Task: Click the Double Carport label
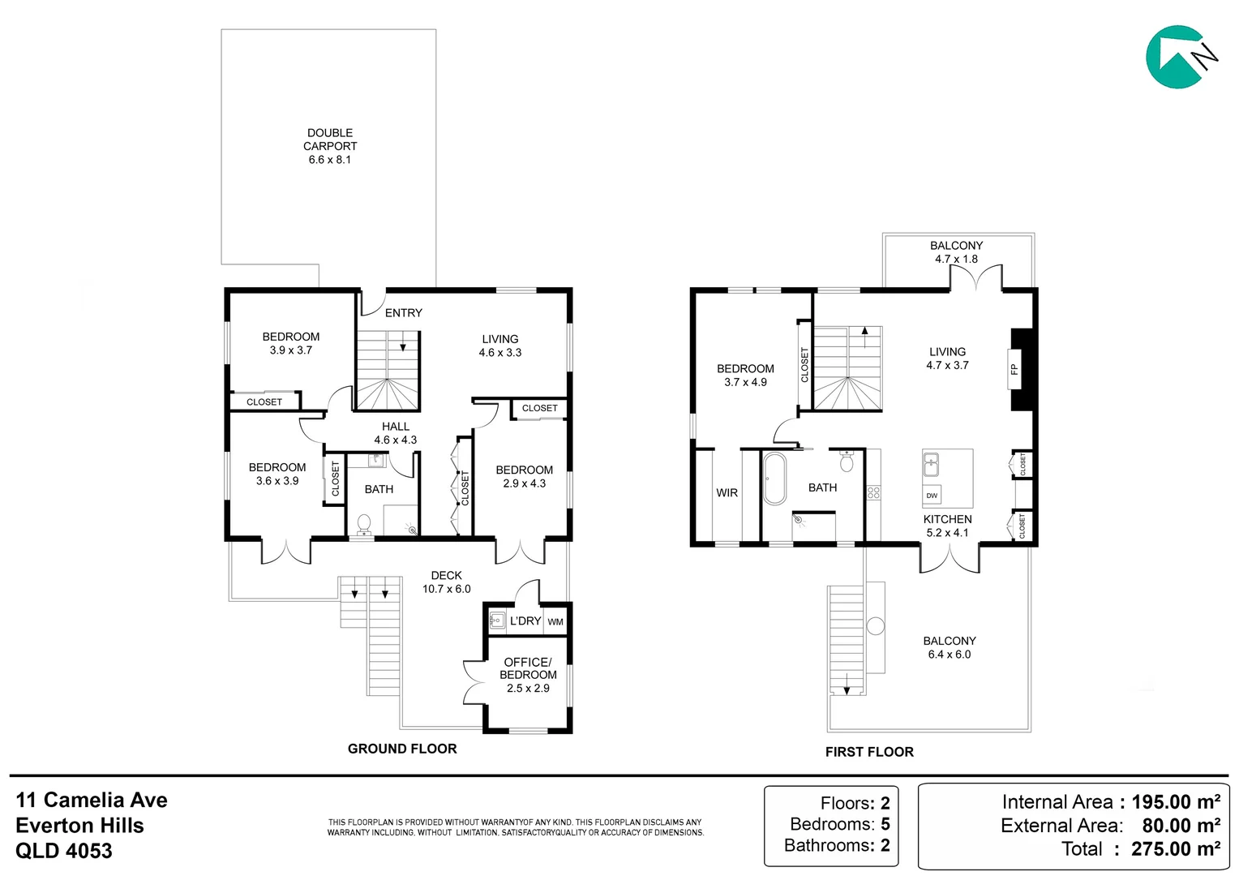(x=330, y=140)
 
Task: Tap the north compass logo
(x=1181, y=58)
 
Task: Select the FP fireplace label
(x=1014, y=370)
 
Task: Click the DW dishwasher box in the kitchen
(x=932, y=496)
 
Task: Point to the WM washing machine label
(x=555, y=622)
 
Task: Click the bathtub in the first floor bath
(x=774, y=479)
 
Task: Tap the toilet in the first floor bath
(x=847, y=461)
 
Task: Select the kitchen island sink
(x=931, y=464)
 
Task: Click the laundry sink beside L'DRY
(x=497, y=620)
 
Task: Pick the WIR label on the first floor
(x=727, y=492)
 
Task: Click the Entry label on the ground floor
(x=403, y=312)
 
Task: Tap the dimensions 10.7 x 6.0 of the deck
(x=446, y=589)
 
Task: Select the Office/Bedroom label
(x=528, y=668)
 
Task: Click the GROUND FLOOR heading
(x=402, y=749)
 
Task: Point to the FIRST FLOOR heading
(x=869, y=751)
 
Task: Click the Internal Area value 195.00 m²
(x=1176, y=802)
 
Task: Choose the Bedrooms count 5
(x=885, y=824)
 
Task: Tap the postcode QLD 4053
(x=63, y=851)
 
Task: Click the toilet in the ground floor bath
(x=364, y=525)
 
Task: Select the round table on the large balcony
(x=875, y=626)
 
